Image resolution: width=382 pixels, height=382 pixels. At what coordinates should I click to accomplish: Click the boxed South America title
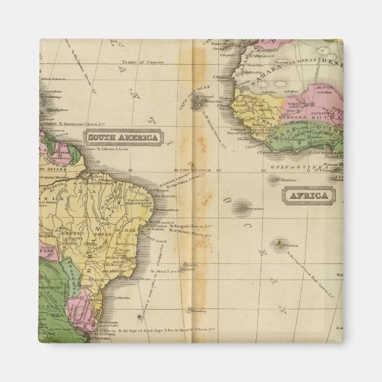tap(123, 138)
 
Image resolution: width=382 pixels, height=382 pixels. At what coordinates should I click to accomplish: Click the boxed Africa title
tap(308, 195)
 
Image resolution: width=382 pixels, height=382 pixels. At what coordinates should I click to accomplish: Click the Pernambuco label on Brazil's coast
tap(165, 210)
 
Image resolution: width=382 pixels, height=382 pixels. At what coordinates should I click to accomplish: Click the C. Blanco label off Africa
tap(222, 77)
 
